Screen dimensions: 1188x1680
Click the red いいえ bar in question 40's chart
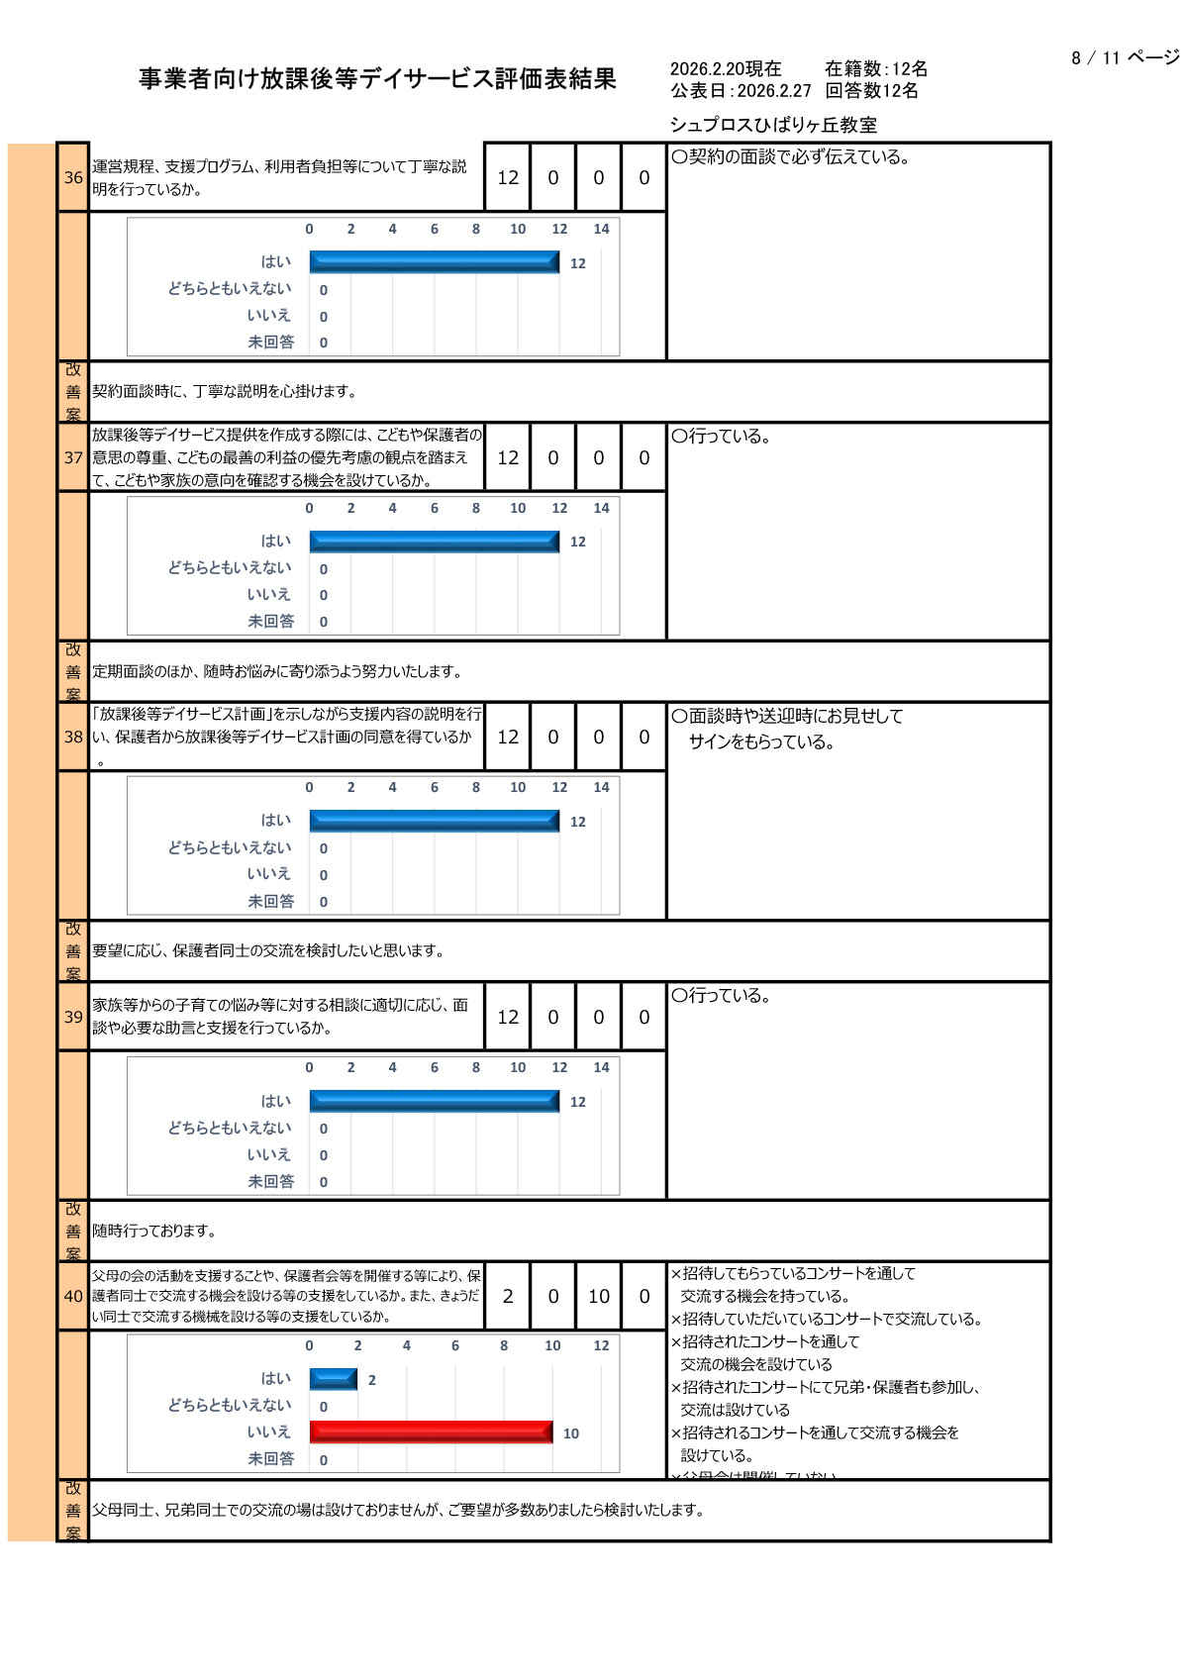[431, 1432]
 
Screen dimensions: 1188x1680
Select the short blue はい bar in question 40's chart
[333, 1378]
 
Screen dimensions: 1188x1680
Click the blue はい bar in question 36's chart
[434, 261]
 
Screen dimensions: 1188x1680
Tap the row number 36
[73, 178]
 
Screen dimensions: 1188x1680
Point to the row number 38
[73, 737]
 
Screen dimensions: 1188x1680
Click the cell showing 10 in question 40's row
[599, 1296]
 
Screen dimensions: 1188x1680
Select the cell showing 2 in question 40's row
[508, 1296]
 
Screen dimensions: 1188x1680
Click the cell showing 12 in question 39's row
[508, 1017]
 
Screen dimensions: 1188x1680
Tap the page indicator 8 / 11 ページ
[1125, 57]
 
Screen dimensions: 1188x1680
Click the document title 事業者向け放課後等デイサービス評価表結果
[377, 79]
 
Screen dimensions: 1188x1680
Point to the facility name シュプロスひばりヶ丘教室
[773, 125]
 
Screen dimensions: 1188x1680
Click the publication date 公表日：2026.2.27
[741, 91]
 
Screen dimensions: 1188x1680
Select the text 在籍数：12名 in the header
[876, 68]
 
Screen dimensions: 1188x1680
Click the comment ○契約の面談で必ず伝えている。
[791, 156]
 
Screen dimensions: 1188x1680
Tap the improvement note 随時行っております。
[154, 1231]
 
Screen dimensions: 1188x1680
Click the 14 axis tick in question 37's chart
[601, 508]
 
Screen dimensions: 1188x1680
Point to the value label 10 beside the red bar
[571, 1433]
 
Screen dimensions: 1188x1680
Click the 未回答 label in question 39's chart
[270, 1181]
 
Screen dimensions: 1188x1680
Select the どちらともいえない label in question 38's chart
[229, 847]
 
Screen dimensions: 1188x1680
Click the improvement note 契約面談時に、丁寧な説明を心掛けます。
[225, 391]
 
